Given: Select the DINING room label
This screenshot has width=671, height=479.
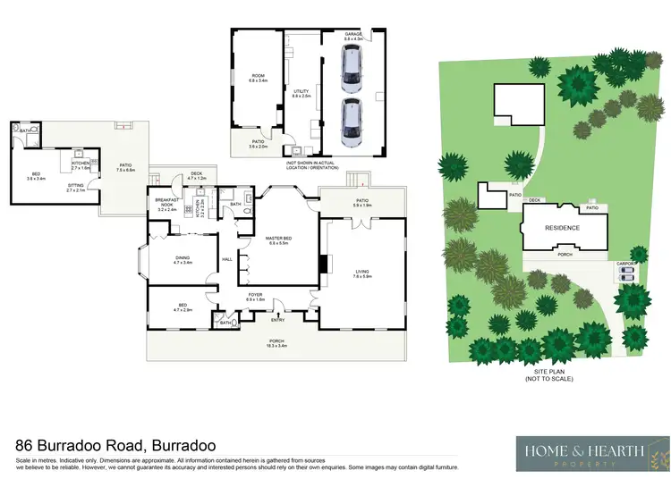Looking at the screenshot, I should [183, 260].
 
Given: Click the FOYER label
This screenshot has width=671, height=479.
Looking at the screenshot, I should [255, 296].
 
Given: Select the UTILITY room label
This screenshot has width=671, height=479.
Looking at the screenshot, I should [301, 92].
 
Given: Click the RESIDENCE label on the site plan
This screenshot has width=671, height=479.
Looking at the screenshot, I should [563, 228].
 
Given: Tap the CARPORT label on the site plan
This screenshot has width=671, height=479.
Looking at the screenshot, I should [625, 264].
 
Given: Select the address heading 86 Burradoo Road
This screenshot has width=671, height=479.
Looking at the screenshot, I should [115, 445].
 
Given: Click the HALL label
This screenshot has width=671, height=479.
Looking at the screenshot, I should [226, 259].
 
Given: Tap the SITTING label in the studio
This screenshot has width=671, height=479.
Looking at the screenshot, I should [76, 187].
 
